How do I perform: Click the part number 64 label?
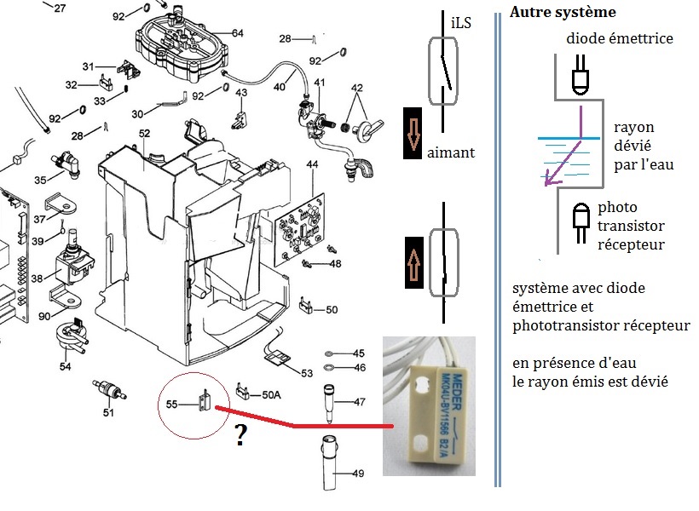click(x=237, y=33)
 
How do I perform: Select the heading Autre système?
click(x=562, y=14)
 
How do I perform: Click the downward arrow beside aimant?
click(x=414, y=136)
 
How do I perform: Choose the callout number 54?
click(x=66, y=366)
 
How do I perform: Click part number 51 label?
click(x=108, y=413)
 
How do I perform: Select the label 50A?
click(x=272, y=394)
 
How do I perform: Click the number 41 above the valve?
click(x=320, y=83)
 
